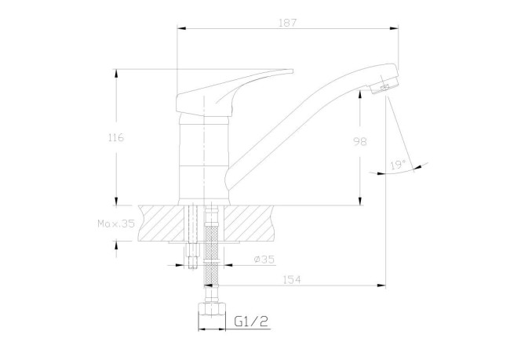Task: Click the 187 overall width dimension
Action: click(287, 23)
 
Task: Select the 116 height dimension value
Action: click(115, 137)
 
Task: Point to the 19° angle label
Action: click(397, 165)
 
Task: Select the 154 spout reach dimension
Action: click(293, 279)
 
